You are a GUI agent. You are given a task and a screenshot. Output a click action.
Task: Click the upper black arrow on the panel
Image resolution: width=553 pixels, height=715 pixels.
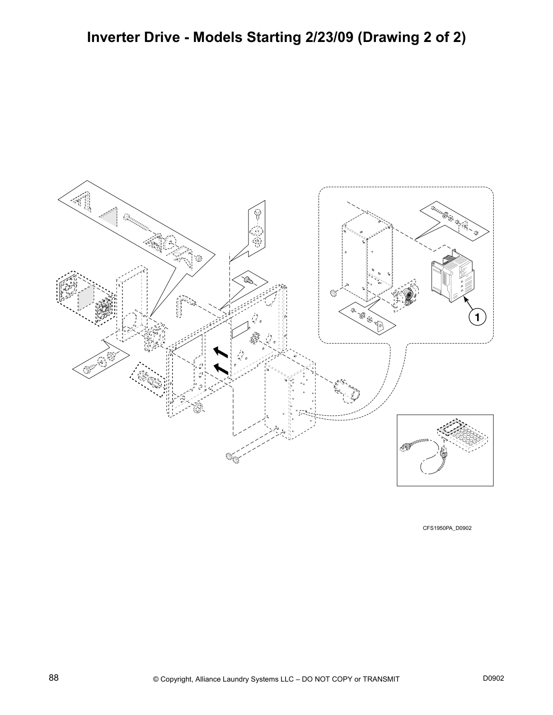click(220, 351)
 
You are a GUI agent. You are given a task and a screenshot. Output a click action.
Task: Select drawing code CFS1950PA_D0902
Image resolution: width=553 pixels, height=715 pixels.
click(447, 528)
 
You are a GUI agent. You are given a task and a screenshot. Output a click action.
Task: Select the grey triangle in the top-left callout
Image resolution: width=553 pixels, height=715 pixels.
click(109, 217)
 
